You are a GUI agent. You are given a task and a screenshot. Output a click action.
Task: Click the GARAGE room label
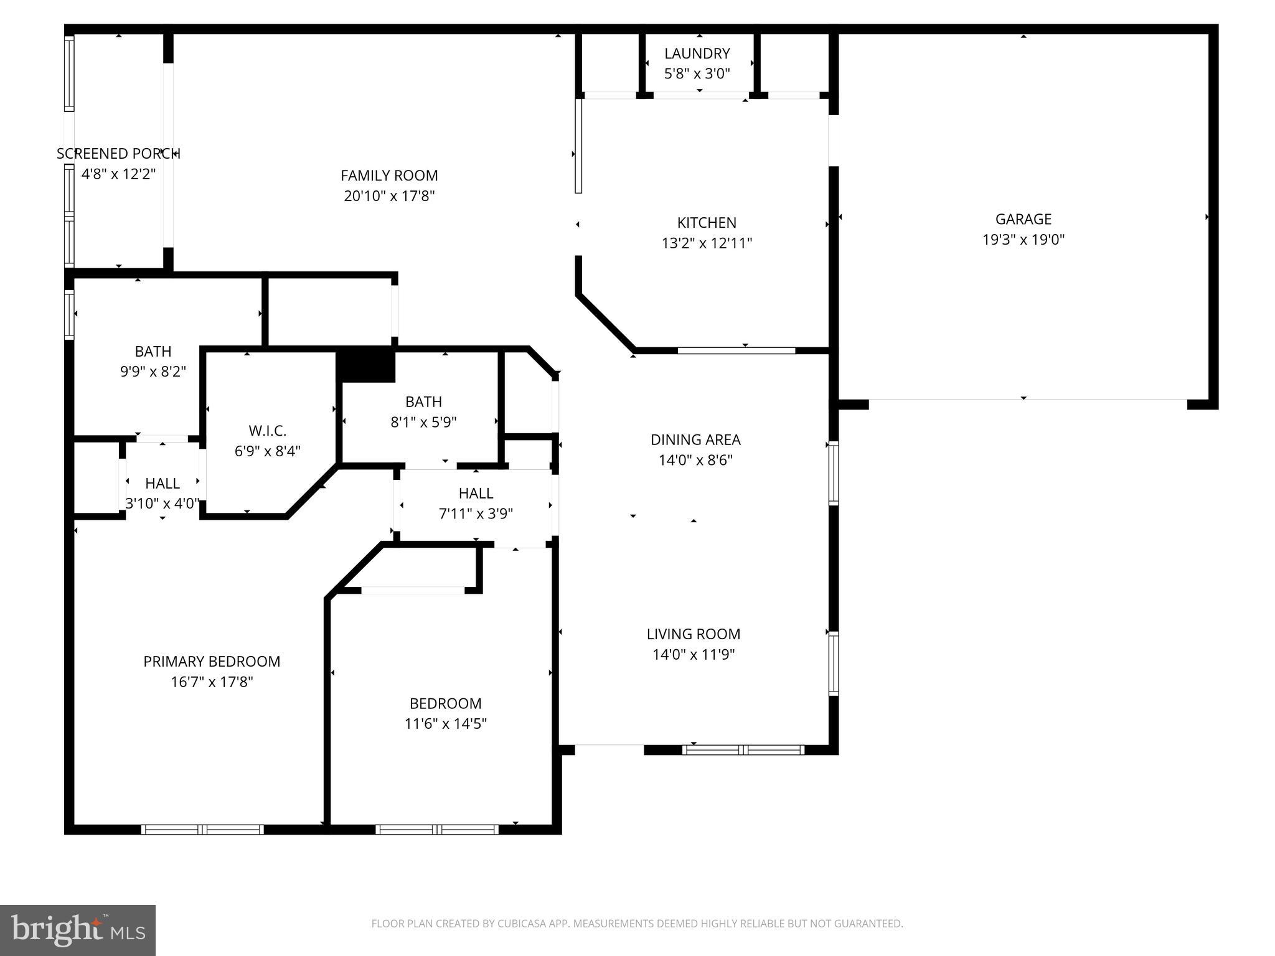click(x=1023, y=219)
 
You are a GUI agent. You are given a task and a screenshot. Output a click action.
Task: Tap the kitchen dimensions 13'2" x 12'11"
click(x=707, y=243)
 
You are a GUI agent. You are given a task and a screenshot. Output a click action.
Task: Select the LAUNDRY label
click(x=697, y=54)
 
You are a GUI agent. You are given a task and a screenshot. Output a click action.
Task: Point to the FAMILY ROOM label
click(x=389, y=176)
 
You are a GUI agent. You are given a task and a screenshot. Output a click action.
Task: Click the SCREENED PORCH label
click(x=118, y=154)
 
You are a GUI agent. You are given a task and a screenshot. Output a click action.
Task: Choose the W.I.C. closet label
click(x=267, y=431)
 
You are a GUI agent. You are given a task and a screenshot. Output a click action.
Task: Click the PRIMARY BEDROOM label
click(x=212, y=662)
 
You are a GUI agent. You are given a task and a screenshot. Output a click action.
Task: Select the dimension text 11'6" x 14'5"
click(x=445, y=724)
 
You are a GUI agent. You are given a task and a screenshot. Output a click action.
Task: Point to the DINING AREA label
click(x=695, y=440)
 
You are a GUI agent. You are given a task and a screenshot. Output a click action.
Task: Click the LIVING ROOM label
click(x=694, y=634)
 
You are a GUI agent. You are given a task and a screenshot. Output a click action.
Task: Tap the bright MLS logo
click(x=78, y=930)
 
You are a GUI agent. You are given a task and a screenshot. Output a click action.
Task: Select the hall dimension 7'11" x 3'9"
click(x=476, y=514)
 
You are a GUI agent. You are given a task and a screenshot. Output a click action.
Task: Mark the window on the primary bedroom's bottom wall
click(x=202, y=829)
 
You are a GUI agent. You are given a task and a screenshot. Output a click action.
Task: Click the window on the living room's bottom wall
click(x=743, y=750)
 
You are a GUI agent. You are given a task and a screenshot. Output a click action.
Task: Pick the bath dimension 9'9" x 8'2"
click(x=153, y=372)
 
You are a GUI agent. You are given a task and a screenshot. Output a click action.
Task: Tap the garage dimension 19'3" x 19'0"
click(x=1023, y=240)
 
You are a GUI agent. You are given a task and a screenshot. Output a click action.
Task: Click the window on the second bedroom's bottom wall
click(x=437, y=829)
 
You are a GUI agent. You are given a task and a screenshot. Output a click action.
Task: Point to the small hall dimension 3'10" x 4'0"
click(x=162, y=504)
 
